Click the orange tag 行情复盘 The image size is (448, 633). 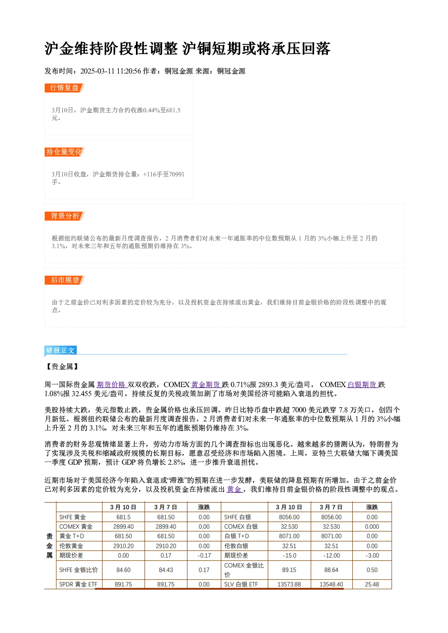[64, 88]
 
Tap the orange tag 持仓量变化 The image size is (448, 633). [64, 152]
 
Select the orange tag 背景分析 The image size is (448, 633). [64, 216]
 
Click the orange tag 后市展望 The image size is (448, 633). [64, 280]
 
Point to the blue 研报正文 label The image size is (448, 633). [60, 351]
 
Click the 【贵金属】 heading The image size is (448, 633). [62, 367]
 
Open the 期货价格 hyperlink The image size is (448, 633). [112, 384]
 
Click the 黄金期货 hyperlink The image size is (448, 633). [206, 384]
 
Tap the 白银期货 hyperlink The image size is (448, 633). [362, 384]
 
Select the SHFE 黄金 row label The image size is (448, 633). [72, 517]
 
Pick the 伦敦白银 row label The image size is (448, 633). [236, 546]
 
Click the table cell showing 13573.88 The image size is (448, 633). [289, 584]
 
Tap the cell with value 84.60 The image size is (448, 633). [123, 570]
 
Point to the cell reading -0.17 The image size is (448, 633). [204, 555]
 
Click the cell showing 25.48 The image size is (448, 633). [372, 584]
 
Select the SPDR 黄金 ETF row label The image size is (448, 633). [78, 584]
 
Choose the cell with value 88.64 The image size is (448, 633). [331, 570]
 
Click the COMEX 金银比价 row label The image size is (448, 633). [244, 570]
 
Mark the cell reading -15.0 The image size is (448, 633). [289, 555]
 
